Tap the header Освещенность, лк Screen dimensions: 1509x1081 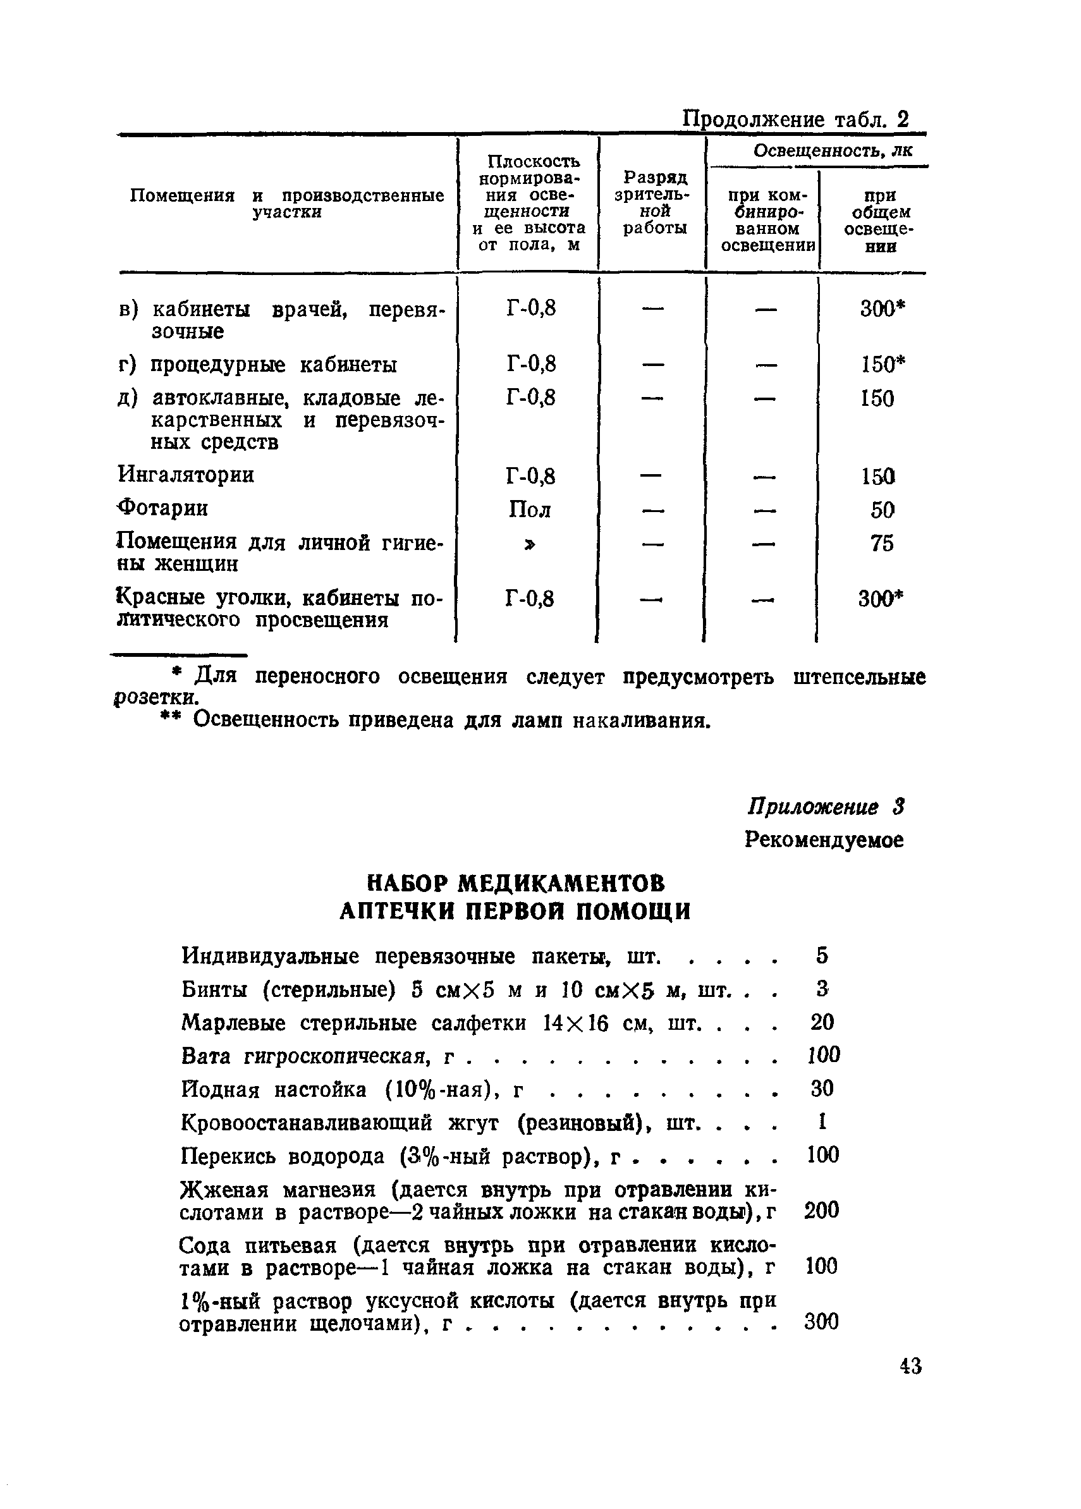(x=833, y=151)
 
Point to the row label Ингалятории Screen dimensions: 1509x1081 (x=186, y=475)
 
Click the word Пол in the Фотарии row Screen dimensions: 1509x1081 (x=530, y=510)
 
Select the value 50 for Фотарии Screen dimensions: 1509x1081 (x=882, y=510)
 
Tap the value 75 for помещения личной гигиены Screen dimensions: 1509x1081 (x=881, y=544)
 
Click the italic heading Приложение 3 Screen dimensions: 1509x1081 (x=825, y=807)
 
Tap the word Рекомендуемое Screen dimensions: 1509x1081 (x=824, y=840)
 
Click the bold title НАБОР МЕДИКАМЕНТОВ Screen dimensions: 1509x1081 (x=516, y=883)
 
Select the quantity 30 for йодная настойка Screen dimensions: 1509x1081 (x=822, y=1089)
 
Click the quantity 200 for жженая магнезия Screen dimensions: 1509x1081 (x=822, y=1209)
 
